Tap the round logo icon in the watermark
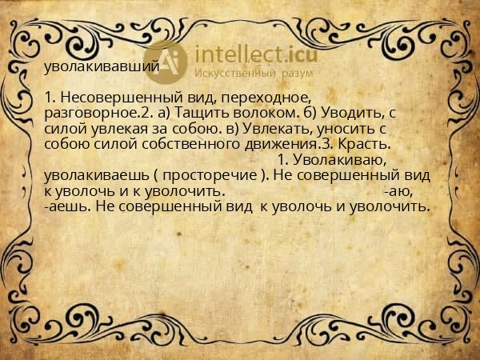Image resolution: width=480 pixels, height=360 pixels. pos(165,61)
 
